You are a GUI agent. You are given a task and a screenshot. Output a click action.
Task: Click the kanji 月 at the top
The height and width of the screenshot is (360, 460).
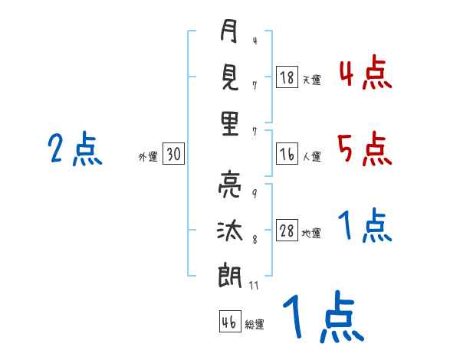pyautogui.click(x=228, y=31)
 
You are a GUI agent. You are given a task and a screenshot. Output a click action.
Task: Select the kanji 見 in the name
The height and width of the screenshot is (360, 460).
pyautogui.click(x=230, y=77)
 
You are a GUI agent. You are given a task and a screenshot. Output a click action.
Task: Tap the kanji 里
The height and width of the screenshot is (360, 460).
pyautogui.click(x=230, y=123)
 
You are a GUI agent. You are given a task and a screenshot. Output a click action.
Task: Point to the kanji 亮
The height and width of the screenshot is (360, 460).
pyautogui.click(x=230, y=185)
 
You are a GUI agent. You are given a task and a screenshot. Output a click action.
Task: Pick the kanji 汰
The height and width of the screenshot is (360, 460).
pyautogui.click(x=230, y=231)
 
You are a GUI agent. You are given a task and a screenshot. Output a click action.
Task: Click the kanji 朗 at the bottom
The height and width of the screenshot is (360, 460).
pyautogui.click(x=230, y=275)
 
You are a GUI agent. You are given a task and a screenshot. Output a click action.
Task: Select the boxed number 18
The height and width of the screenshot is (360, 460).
pyautogui.click(x=287, y=77)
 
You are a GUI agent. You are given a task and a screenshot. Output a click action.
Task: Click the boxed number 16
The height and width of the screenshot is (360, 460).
pyautogui.click(x=287, y=154)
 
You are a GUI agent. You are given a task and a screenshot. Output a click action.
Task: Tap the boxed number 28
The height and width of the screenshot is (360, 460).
pyautogui.click(x=287, y=230)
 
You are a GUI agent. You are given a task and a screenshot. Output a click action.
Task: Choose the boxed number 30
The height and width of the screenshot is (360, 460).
pyautogui.click(x=173, y=153)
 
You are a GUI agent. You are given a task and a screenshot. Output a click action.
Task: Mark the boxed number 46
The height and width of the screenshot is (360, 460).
pyautogui.click(x=230, y=321)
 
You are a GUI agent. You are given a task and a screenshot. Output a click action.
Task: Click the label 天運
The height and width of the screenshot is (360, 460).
pyautogui.click(x=312, y=80)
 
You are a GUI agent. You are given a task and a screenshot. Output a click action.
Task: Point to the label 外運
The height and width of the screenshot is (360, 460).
pyautogui.click(x=148, y=156)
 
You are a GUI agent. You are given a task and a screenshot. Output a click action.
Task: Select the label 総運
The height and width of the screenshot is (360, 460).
pyautogui.click(x=255, y=324)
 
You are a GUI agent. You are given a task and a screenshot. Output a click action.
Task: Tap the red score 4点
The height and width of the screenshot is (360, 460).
pyautogui.click(x=365, y=72)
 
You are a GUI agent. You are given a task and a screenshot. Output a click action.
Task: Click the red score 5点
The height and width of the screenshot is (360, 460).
pyautogui.click(x=365, y=149)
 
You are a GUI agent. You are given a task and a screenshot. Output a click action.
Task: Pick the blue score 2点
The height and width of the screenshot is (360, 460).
pyautogui.click(x=75, y=149)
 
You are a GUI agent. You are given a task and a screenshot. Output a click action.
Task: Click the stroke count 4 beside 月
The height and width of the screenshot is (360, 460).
pyautogui.click(x=255, y=41)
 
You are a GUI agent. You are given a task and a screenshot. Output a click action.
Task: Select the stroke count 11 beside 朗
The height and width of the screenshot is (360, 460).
pyautogui.click(x=254, y=285)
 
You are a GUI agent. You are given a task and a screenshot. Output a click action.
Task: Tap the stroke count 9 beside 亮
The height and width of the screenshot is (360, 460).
pyautogui.click(x=255, y=194)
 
